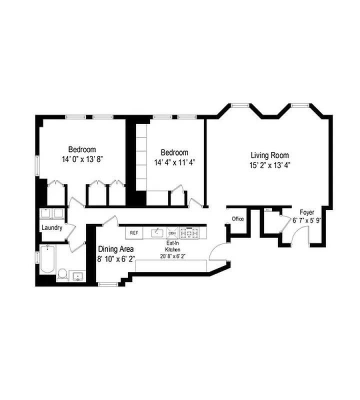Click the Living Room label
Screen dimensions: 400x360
click(x=269, y=155)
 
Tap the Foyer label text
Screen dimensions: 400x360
click(x=307, y=212)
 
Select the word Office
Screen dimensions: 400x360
click(x=237, y=219)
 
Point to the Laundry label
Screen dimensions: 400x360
click(x=52, y=228)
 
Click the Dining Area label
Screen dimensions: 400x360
click(x=115, y=249)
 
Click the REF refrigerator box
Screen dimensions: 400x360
click(x=133, y=233)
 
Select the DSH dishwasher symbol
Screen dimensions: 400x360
click(x=172, y=233)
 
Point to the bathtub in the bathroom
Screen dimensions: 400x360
click(x=47, y=259)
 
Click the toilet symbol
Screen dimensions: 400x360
click(x=63, y=273)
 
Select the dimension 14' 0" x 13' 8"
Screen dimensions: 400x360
click(x=82, y=158)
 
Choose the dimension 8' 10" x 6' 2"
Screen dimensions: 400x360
click(x=115, y=258)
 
